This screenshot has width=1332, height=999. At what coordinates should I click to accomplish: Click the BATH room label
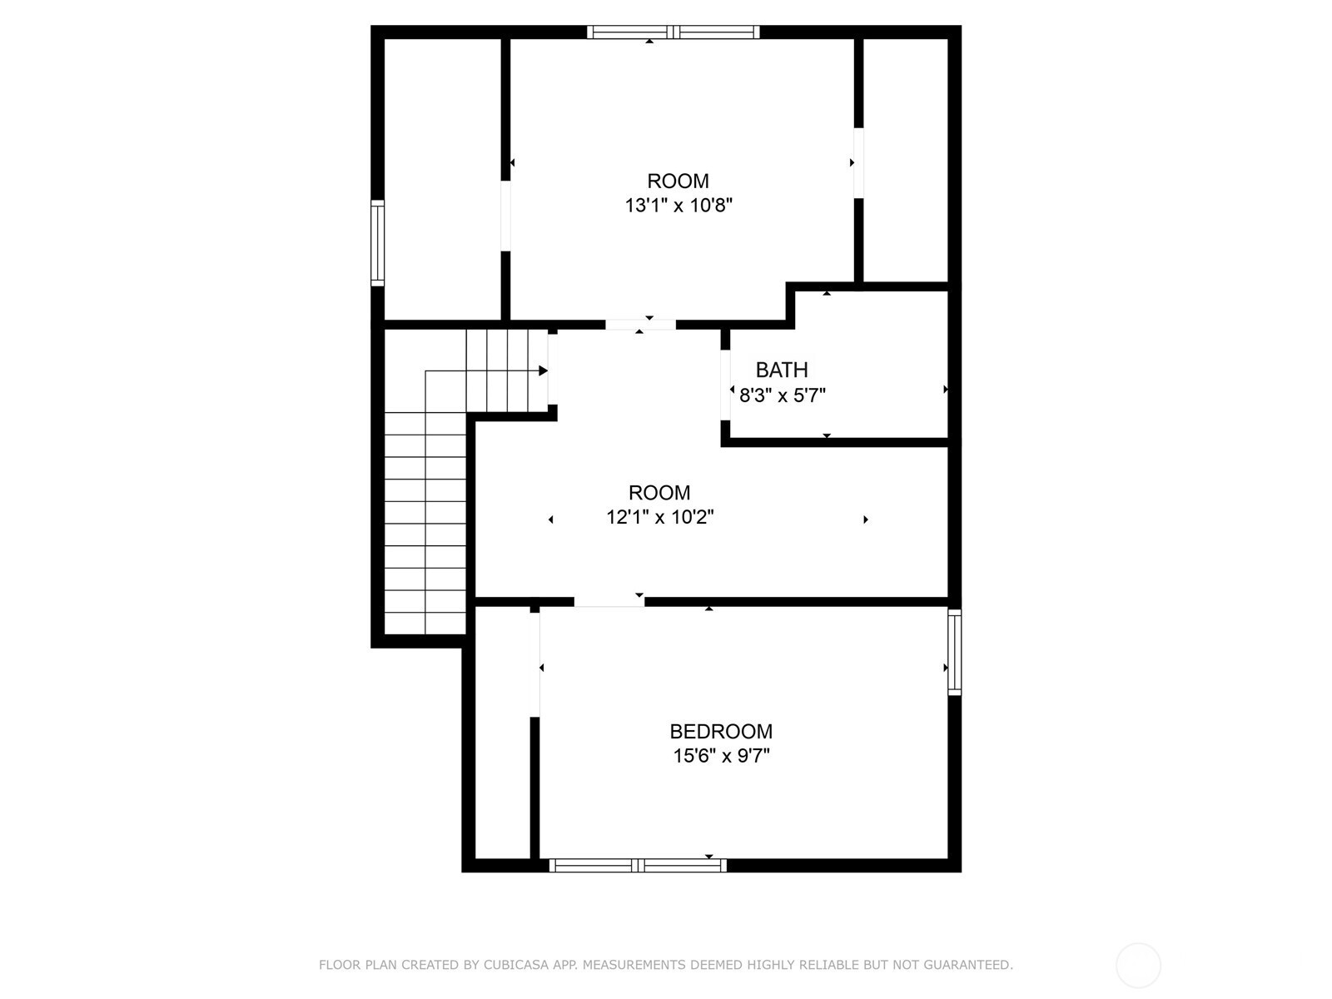point(782,370)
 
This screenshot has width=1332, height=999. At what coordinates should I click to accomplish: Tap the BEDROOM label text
point(721,732)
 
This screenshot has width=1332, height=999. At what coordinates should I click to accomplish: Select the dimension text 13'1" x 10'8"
point(678,206)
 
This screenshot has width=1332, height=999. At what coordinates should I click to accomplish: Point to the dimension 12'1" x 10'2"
point(659,517)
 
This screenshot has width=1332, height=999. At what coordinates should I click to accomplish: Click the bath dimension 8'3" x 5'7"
point(783,395)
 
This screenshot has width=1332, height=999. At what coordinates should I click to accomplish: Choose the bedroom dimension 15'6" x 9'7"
point(721,756)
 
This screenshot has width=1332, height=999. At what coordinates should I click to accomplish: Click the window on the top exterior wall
point(673,32)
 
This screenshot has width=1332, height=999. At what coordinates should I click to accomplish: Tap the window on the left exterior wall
point(377,242)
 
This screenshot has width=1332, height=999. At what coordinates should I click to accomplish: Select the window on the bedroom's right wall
point(955,652)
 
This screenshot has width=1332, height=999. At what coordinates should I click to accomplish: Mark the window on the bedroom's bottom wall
point(638,866)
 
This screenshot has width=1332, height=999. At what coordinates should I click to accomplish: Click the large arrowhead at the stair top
point(543,370)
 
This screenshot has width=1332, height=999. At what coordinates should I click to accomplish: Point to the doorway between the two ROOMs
point(641,325)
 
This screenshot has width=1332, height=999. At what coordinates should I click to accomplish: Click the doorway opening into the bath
point(725,385)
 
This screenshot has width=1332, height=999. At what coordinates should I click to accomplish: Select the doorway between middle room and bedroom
point(609,602)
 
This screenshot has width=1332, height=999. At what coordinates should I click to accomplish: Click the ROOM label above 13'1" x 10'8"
point(678,181)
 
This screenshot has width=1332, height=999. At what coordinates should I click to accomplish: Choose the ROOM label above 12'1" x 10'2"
point(659,492)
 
